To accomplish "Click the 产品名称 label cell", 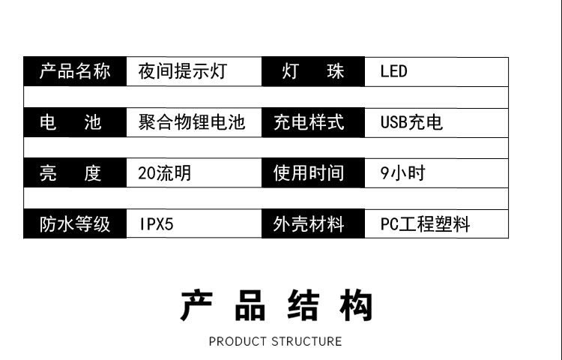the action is (x=75, y=71).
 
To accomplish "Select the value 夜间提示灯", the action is (x=183, y=71).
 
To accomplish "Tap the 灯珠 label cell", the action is (x=313, y=71).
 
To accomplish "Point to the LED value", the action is (x=393, y=71).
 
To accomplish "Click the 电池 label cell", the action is (x=75, y=122).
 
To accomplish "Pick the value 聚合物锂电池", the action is (x=192, y=122).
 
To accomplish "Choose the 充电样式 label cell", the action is (x=313, y=122).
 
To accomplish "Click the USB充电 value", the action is (x=411, y=122).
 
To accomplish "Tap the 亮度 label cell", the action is (x=75, y=173).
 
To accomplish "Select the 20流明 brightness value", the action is (x=165, y=173).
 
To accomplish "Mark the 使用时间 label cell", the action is (x=313, y=173).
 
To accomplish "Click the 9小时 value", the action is (x=403, y=173).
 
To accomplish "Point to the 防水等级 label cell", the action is (x=75, y=223).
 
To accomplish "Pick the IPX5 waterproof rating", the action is (x=157, y=224).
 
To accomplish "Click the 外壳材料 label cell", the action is (x=313, y=223).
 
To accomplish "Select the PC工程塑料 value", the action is (x=425, y=224).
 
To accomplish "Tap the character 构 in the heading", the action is (x=356, y=306).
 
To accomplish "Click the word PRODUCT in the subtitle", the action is (x=238, y=341).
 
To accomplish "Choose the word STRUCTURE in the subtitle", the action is (x=306, y=341).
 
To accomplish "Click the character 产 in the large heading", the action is (x=197, y=306).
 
